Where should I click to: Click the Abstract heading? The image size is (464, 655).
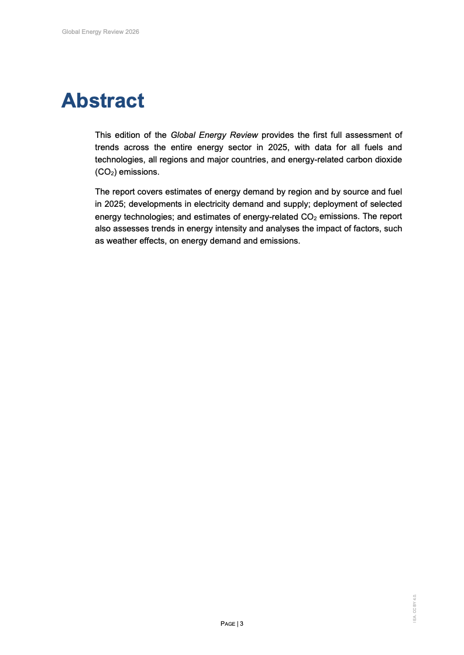pos(102,100)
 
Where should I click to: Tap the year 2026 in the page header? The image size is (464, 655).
pos(132,32)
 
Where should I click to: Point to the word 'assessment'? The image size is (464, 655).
pos(378,135)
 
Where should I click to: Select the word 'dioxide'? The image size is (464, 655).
pos(387,160)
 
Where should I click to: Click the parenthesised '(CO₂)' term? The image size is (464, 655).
pos(106,172)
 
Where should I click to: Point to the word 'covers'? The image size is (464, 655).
pos(151,191)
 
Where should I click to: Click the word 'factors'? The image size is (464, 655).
pos(365,229)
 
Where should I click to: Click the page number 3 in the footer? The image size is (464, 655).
pos(241,624)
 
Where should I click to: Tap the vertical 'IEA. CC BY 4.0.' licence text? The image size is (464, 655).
pos(414,608)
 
